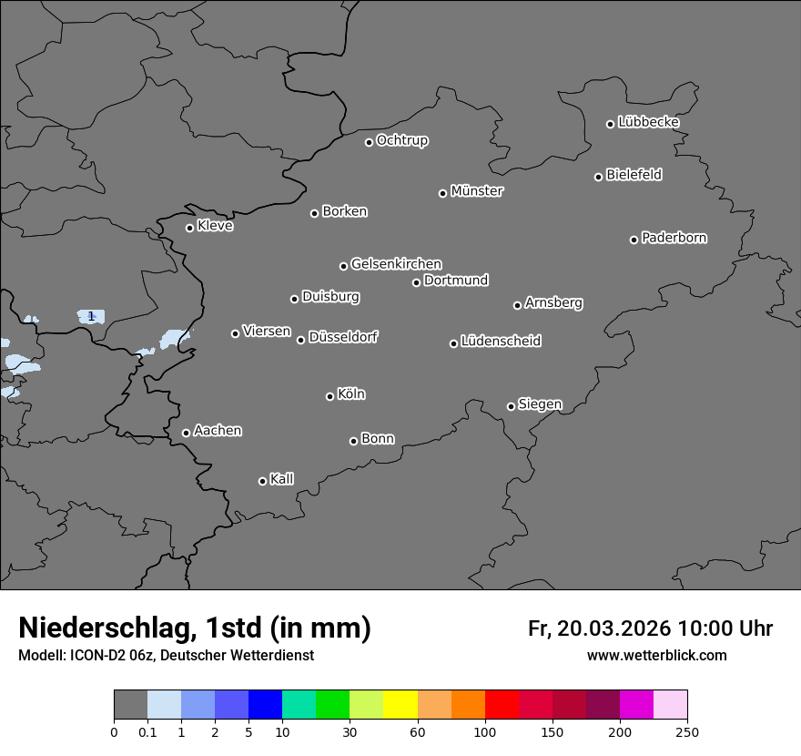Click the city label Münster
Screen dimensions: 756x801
(x=477, y=191)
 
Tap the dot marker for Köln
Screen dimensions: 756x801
(x=330, y=396)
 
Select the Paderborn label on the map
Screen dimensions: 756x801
(x=674, y=238)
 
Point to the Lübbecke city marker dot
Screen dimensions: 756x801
(x=610, y=124)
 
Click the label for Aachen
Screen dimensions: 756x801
(x=218, y=431)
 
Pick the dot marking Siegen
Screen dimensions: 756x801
(x=511, y=406)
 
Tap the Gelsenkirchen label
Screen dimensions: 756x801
(x=396, y=264)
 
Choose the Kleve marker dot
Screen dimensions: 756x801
(x=189, y=228)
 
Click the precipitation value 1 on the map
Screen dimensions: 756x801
(x=91, y=316)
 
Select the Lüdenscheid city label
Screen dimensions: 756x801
(x=501, y=342)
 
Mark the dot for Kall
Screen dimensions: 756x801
(x=262, y=481)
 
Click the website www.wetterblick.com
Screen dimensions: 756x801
(x=656, y=656)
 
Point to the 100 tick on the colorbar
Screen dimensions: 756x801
(x=485, y=732)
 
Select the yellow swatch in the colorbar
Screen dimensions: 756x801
(x=400, y=705)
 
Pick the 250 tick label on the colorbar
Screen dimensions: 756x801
(x=687, y=732)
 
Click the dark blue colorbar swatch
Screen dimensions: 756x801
(x=266, y=705)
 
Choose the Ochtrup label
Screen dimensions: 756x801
(x=401, y=140)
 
